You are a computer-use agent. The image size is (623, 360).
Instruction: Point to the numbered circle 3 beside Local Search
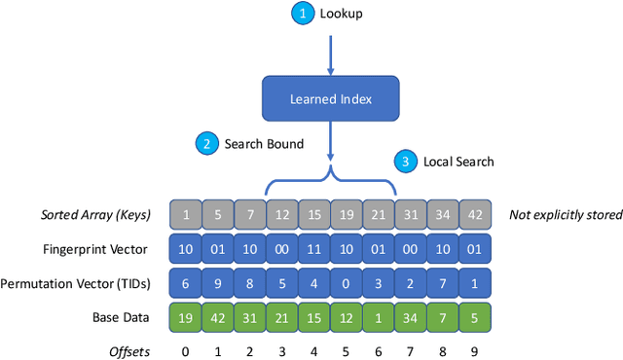click(x=405, y=162)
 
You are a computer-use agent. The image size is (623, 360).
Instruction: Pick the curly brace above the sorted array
click(x=331, y=181)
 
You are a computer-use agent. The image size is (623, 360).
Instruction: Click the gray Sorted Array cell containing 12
click(x=282, y=214)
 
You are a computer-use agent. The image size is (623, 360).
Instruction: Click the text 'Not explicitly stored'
click(x=565, y=214)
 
